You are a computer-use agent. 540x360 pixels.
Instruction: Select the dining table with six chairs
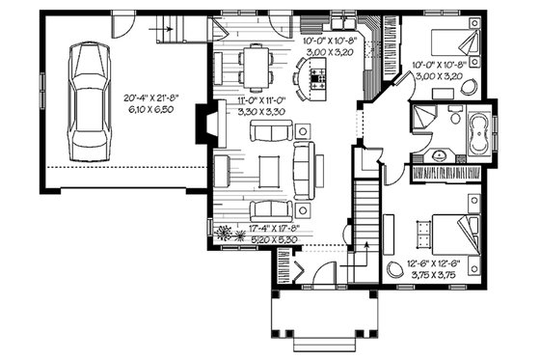[x=256, y=69]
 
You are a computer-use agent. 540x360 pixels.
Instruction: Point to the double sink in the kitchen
[x=341, y=21]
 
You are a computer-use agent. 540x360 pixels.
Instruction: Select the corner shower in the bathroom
[x=423, y=121]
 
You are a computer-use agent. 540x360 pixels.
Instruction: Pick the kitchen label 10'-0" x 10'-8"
[x=327, y=42]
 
